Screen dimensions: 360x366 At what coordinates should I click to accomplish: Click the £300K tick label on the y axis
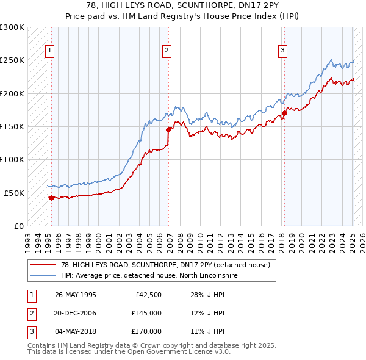click(12, 27)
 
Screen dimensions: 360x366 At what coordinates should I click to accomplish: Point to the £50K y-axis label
click(14, 193)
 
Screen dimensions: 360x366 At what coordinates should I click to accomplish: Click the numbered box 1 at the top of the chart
click(49, 51)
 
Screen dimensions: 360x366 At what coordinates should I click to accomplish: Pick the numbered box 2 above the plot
click(167, 51)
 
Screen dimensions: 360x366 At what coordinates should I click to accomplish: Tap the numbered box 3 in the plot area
click(283, 51)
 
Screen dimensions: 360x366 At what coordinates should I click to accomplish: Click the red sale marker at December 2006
click(168, 129)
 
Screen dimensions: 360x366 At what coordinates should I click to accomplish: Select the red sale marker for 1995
click(51, 197)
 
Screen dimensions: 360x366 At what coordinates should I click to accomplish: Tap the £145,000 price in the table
click(146, 313)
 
